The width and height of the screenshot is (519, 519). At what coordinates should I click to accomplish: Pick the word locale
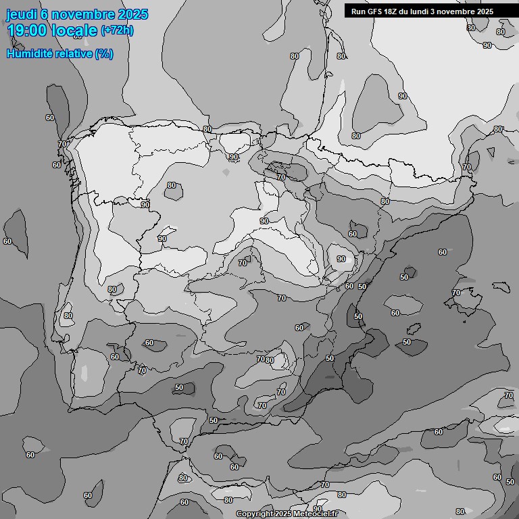pos(77,30)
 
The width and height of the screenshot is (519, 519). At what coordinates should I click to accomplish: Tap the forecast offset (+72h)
pos(117,31)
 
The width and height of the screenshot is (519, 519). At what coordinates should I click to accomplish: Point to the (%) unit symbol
pos(104,54)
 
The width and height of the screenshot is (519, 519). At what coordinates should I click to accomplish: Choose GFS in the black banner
pos(374,11)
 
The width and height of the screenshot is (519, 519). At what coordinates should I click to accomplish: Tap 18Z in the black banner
pos(392,11)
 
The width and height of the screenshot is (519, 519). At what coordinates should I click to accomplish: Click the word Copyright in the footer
pos(254,514)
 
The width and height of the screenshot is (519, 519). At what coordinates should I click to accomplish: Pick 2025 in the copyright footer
pos(282,514)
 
